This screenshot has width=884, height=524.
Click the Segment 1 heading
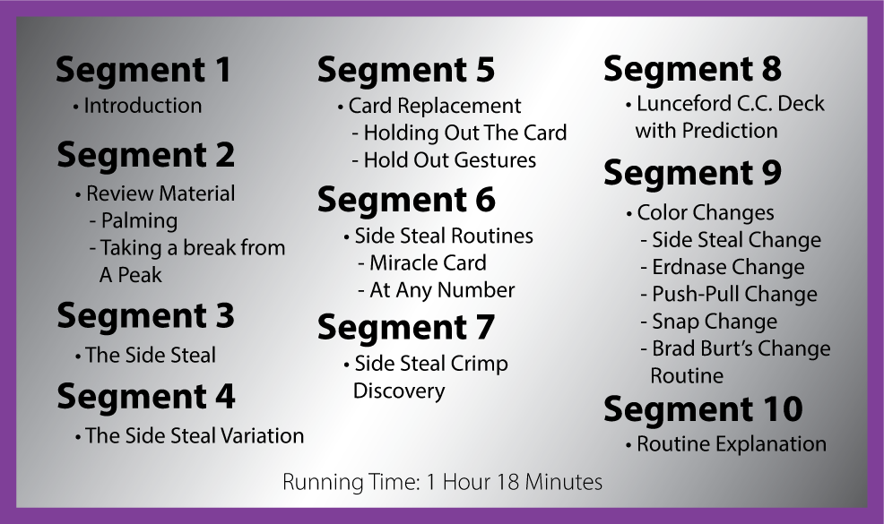(143, 71)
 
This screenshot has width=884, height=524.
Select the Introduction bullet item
(137, 106)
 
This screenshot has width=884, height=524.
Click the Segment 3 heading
(145, 315)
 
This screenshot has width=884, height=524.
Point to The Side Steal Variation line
(189, 435)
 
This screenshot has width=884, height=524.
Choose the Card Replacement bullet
(429, 106)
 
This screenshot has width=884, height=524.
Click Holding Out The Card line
(459, 133)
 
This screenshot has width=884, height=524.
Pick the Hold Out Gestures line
(445, 160)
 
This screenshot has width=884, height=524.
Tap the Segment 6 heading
(406, 200)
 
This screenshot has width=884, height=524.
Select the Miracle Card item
(422, 263)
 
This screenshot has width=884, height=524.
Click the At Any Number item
(437, 291)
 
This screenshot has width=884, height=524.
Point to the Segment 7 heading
(406, 328)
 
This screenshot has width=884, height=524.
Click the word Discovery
(399, 391)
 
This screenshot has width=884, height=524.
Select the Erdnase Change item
(723, 267)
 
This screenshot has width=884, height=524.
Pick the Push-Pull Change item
(729, 295)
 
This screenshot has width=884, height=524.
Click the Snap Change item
(709, 322)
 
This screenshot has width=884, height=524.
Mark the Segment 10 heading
(703, 409)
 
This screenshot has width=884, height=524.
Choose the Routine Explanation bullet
(726, 444)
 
